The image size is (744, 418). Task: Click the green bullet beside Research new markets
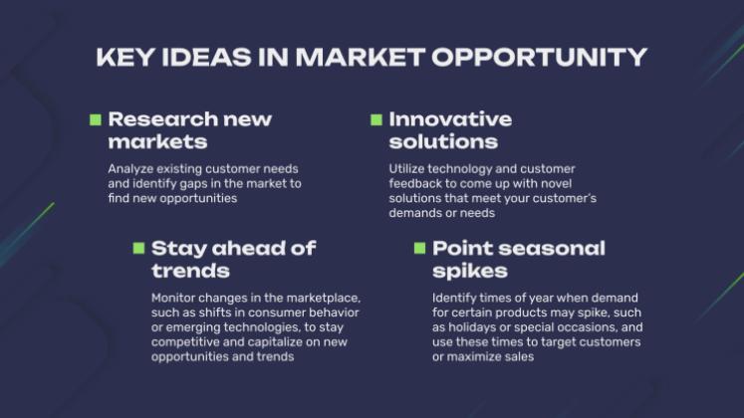pyautogui.click(x=96, y=119)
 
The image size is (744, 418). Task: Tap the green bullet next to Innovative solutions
pyautogui.click(x=376, y=119)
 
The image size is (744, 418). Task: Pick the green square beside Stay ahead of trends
pyautogui.click(x=139, y=248)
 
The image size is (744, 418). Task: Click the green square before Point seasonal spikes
pyautogui.click(x=420, y=248)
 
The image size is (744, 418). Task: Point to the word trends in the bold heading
pyautogui.click(x=190, y=271)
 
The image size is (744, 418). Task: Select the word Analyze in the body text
pyautogui.click(x=130, y=168)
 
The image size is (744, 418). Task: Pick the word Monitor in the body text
pyautogui.click(x=174, y=298)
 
